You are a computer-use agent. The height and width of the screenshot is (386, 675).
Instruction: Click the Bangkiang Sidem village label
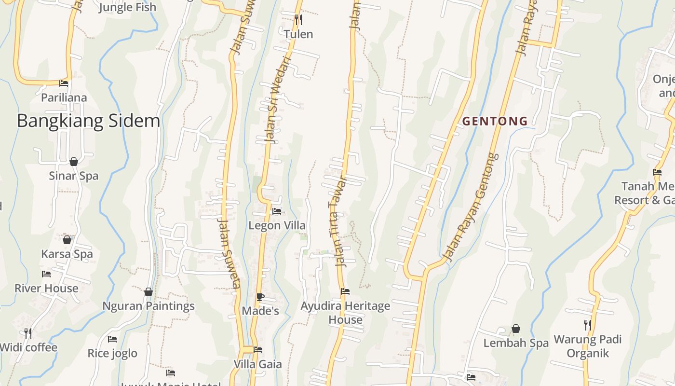tap(88, 121)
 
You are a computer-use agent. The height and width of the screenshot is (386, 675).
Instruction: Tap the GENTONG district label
tap(495, 122)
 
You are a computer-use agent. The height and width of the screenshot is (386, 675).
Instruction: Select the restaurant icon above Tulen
tap(298, 20)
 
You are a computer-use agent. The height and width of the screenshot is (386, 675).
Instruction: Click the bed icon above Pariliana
tap(64, 83)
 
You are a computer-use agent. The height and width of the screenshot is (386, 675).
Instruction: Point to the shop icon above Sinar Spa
tap(74, 162)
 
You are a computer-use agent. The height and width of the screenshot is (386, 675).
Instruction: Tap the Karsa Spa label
tap(67, 254)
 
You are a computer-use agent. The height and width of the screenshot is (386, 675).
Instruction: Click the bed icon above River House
tap(46, 274)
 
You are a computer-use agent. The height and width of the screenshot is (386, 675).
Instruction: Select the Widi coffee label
tap(29, 347)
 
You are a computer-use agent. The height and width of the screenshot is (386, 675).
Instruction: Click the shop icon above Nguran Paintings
tap(148, 292)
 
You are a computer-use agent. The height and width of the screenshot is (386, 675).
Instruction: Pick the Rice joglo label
tap(112, 353)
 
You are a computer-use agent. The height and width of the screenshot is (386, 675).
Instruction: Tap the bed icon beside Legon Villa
tap(277, 211)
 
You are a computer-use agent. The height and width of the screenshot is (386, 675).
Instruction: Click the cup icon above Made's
tap(260, 297)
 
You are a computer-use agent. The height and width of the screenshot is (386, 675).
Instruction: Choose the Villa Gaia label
tap(258, 364)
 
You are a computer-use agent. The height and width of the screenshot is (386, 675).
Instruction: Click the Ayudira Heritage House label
tap(345, 313)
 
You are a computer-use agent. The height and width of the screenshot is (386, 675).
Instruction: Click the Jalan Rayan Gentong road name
tap(471, 207)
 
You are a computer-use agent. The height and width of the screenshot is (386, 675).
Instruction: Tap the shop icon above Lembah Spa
tap(516, 329)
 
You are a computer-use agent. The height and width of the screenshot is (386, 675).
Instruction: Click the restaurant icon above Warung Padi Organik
tap(587, 325)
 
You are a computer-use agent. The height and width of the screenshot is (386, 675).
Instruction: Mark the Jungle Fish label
tap(127, 7)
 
